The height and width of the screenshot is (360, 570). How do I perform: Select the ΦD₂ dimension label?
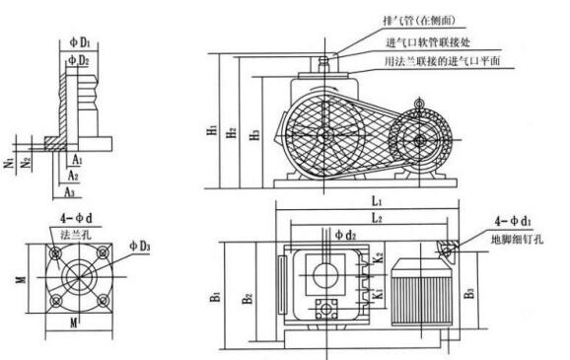coord(80,60)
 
